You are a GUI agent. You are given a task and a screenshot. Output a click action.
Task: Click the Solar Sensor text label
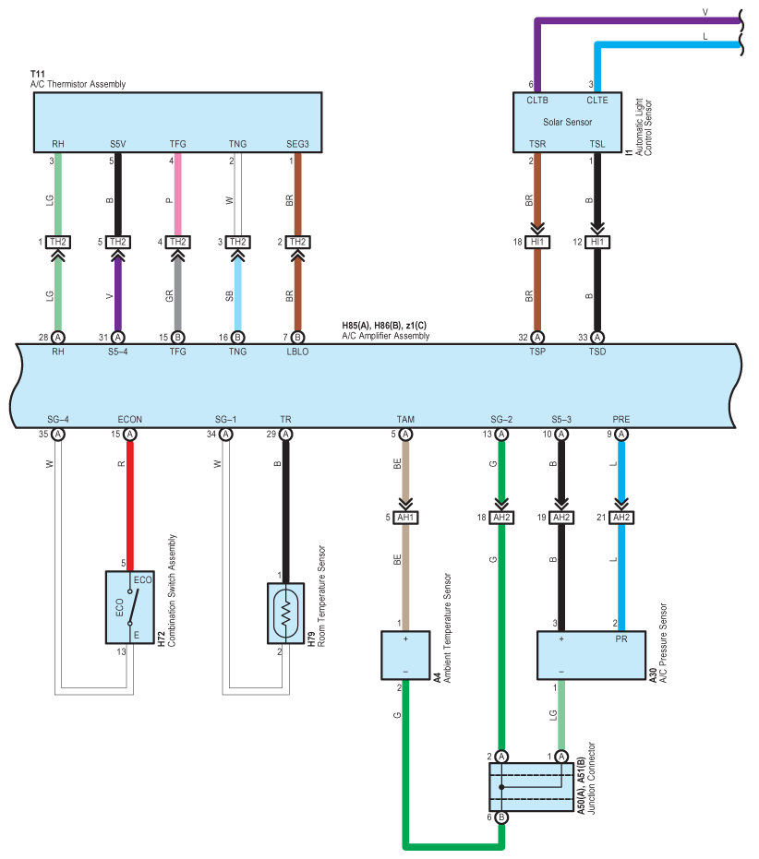[567, 122]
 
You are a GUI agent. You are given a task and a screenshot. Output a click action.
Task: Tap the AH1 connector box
[405, 518]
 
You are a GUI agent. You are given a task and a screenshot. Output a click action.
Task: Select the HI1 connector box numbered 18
[537, 242]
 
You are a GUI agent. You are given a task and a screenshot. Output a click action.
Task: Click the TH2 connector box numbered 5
[118, 242]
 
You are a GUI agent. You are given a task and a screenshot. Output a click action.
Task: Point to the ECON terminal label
[130, 420]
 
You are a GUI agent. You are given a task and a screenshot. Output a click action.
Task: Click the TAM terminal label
[405, 420]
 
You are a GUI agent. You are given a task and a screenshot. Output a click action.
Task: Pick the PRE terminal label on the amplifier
[620, 420]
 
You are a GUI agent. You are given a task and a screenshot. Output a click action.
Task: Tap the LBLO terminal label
[297, 352]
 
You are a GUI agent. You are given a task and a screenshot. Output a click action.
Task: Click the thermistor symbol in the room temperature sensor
[285, 613]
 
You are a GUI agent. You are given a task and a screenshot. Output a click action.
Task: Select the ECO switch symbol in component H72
[133, 607]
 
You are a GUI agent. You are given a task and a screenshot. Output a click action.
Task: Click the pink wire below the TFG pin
[177, 194]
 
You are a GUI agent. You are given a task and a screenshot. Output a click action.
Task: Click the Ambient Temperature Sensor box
[405, 656]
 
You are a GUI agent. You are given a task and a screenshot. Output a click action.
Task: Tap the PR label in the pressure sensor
[620, 639]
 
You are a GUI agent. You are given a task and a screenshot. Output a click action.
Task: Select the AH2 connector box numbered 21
[620, 518]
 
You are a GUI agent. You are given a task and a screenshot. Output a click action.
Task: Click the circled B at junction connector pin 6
[501, 817]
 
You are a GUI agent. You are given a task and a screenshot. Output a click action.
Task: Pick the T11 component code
[37, 74]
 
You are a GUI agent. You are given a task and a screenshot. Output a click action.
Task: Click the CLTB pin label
[537, 101]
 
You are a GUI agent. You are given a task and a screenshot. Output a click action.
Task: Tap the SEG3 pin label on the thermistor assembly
[297, 144]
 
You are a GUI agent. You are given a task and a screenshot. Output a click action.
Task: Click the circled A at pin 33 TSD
[597, 338]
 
